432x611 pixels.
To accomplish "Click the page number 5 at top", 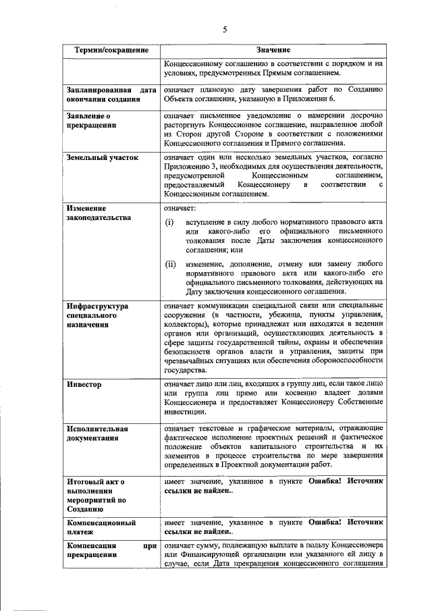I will click(225, 29).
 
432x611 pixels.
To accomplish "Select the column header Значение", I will click(273, 51).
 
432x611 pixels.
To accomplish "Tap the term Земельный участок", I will click(102, 157).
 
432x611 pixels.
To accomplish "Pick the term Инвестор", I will click(84, 384).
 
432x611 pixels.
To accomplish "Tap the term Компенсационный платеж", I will click(101, 527).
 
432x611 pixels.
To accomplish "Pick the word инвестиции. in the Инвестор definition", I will click(187, 412).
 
